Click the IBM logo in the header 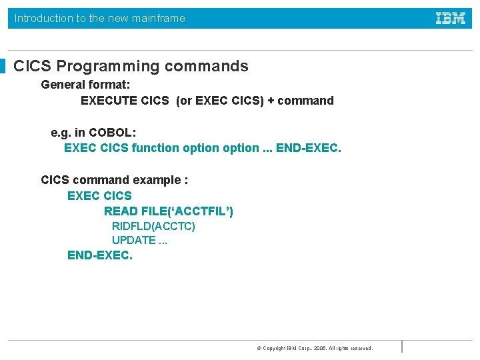point(451,19)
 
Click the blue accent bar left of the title point(3,66)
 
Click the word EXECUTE point(109,101)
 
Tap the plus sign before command point(271,101)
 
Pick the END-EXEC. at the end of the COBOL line point(308,148)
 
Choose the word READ point(121,211)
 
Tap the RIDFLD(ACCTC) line point(153,227)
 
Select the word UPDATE point(133,241)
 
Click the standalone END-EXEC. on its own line point(100,255)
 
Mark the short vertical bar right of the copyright point(402,347)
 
